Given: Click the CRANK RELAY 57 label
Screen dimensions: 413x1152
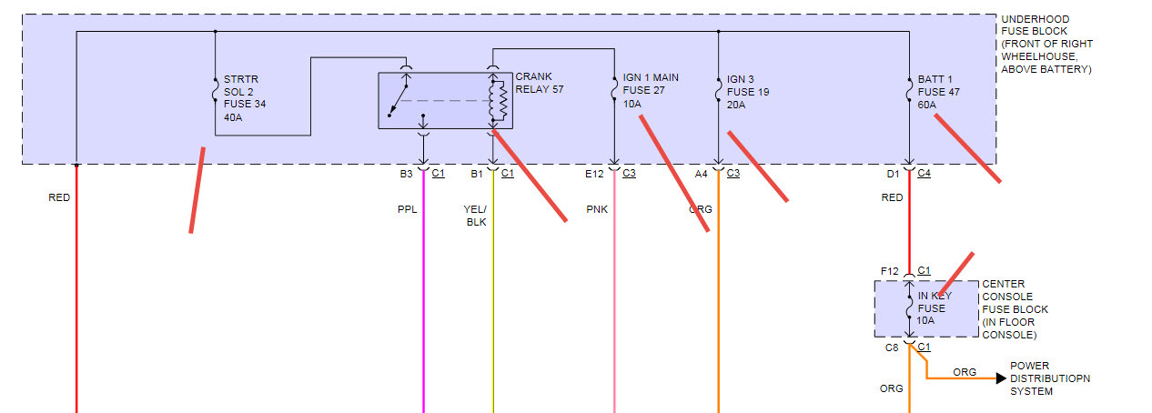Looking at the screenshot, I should (x=534, y=84).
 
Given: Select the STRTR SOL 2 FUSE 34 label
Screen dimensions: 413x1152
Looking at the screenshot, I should (x=244, y=98).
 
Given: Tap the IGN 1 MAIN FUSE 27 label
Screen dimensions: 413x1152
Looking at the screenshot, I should (x=651, y=91).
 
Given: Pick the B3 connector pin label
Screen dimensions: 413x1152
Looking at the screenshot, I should (x=406, y=174).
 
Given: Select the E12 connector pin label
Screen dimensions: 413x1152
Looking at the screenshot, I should (x=594, y=174).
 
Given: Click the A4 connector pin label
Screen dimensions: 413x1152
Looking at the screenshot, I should (x=701, y=174).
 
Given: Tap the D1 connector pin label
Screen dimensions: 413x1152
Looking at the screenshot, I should (x=893, y=174).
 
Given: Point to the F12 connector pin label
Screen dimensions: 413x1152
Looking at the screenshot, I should (x=889, y=270).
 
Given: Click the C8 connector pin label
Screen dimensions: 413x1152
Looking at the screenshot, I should (x=892, y=347).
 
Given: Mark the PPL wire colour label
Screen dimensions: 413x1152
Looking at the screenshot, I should (x=407, y=209).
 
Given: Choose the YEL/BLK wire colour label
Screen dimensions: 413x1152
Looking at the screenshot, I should (x=476, y=215).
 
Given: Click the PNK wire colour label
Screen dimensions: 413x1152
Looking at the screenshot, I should (x=596, y=209).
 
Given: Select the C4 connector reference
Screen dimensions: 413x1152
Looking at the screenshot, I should (x=925, y=174).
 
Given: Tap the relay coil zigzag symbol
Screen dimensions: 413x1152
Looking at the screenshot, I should (x=497, y=100).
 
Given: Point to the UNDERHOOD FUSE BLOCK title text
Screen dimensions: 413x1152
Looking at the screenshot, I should (x=1046, y=44).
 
